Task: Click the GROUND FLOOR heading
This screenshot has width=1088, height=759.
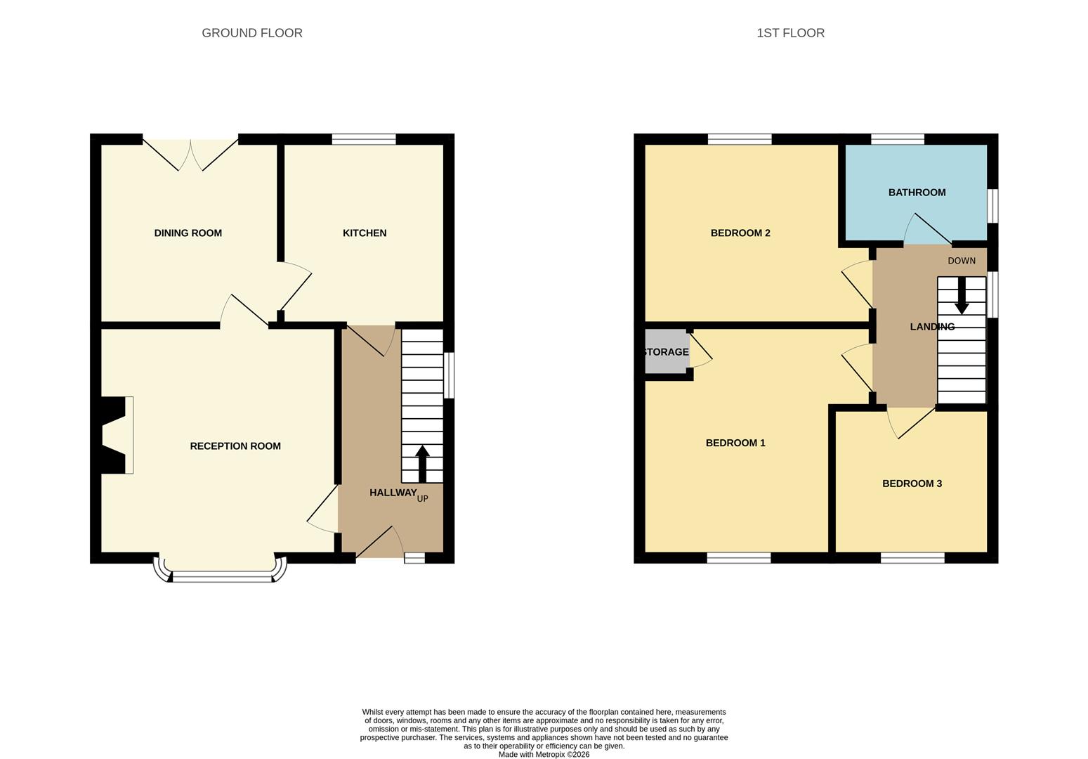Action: point(252,33)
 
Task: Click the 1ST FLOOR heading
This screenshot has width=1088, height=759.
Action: point(790,33)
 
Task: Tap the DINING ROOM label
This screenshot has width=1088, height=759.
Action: point(188,233)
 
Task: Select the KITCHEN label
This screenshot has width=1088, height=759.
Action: point(364,233)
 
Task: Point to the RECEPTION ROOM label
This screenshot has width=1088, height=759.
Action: point(235,446)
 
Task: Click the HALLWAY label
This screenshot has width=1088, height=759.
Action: point(393,493)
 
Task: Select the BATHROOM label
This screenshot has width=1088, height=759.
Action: point(917,193)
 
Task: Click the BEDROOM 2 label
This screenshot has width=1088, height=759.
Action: point(740,233)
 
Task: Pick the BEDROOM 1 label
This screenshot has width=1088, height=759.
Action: point(735,443)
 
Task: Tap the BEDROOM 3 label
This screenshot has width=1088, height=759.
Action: point(912,484)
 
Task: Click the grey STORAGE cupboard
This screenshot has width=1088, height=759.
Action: point(666,352)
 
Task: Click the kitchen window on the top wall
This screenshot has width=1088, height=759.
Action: point(363,139)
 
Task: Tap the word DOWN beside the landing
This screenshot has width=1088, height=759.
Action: point(962,261)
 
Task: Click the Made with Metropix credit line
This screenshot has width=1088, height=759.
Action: point(544,755)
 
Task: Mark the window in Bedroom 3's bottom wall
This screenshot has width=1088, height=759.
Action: point(912,558)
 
